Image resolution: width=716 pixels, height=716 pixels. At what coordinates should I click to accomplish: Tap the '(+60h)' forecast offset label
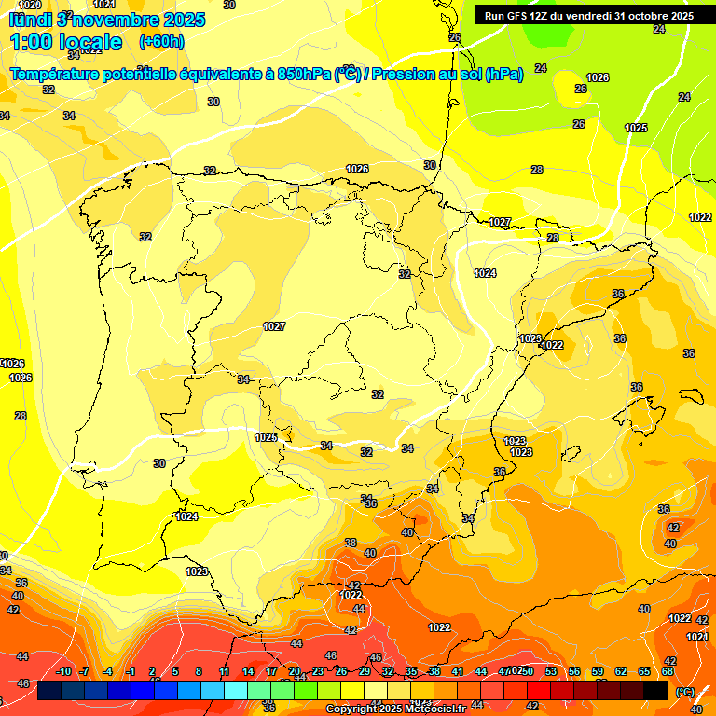(x=161, y=42)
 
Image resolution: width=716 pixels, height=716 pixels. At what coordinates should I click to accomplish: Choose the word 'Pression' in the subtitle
(x=402, y=74)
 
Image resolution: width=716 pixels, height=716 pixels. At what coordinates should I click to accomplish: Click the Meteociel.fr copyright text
(x=395, y=709)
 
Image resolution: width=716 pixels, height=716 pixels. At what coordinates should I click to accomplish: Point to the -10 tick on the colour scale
(x=64, y=672)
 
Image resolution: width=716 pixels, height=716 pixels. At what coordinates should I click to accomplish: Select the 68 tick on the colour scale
(x=668, y=672)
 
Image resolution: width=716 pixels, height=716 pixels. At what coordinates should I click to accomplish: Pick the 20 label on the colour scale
(x=295, y=672)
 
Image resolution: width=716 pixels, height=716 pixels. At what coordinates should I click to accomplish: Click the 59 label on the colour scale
(x=597, y=672)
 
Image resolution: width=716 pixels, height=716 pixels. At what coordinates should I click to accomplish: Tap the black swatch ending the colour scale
(x=655, y=690)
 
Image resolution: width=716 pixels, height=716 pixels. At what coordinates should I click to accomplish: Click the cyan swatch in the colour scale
(x=236, y=690)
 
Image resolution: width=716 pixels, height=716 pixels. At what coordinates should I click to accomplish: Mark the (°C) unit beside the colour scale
(x=685, y=691)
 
